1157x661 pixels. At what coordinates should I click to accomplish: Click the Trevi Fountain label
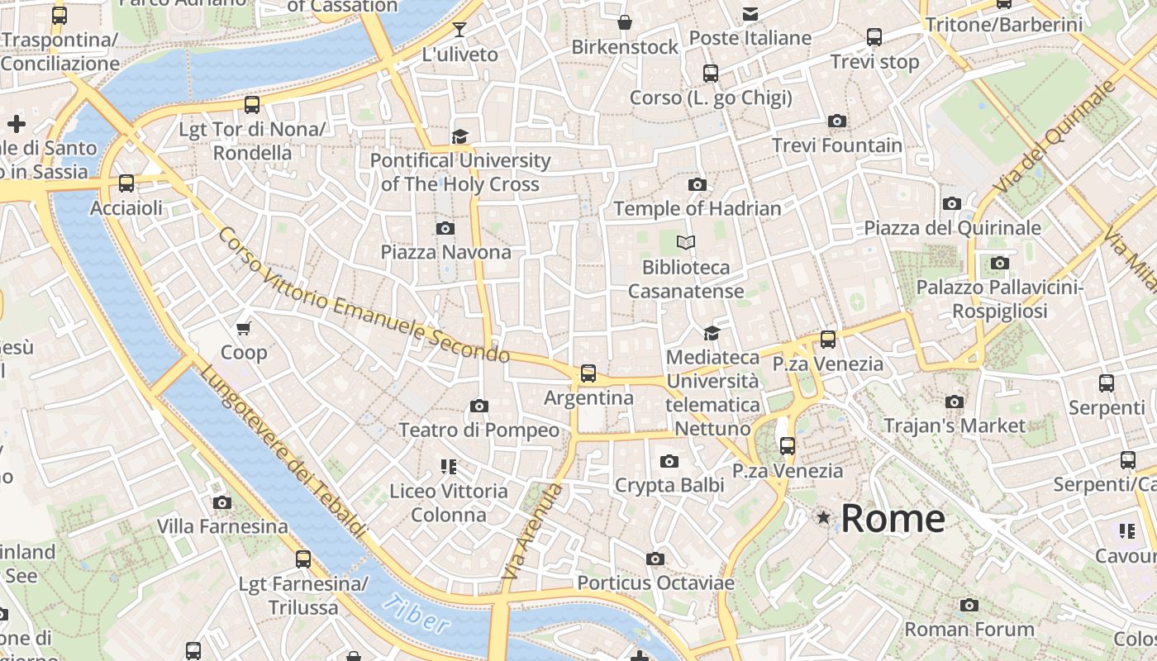(837, 145)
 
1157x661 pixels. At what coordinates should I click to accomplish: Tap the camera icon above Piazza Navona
(445, 228)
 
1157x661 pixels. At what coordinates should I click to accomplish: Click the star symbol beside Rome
(823, 517)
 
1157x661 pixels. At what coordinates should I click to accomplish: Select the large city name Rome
(893, 518)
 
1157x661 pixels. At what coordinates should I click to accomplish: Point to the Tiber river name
(417, 615)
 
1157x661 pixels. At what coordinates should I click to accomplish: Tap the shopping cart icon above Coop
(244, 329)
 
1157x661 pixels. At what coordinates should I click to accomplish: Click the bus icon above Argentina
(588, 373)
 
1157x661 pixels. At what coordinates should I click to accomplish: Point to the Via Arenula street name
(531, 530)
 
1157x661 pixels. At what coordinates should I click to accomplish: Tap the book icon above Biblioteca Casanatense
(686, 243)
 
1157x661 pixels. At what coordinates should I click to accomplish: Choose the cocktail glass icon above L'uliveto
(459, 31)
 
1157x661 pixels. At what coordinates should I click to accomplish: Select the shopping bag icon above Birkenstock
(625, 22)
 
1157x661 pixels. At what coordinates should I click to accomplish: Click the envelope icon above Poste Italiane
(750, 13)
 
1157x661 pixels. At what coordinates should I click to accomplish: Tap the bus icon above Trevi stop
(874, 37)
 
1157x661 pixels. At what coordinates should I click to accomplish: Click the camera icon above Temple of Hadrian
(698, 185)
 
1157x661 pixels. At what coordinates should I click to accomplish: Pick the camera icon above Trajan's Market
(955, 402)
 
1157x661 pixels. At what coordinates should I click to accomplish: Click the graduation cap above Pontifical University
(459, 136)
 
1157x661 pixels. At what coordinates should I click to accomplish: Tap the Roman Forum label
(969, 630)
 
